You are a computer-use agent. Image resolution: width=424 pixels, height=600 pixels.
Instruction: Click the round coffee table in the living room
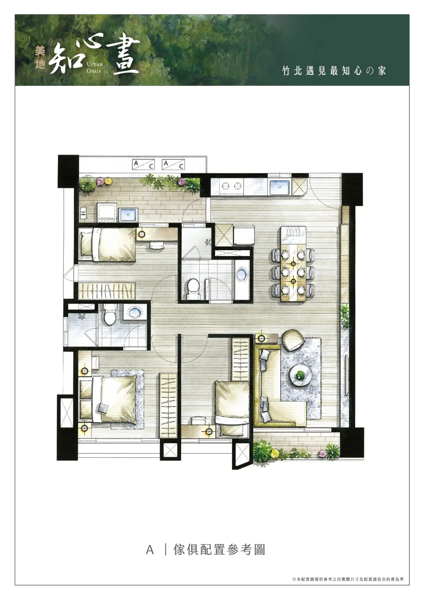tap(302, 375)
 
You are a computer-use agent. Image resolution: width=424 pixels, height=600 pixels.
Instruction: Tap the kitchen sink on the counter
tap(280, 187)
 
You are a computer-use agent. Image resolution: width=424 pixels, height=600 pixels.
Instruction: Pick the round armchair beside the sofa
tap(293, 340)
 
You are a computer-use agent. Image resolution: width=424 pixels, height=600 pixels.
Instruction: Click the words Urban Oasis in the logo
tap(95, 67)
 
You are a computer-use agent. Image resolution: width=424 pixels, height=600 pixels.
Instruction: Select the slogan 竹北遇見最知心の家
tap(334, 71)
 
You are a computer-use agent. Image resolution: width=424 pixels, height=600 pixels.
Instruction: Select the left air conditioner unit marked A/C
tap(143, 165)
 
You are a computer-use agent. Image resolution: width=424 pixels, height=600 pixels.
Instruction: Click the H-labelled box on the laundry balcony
tap(83, 213)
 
